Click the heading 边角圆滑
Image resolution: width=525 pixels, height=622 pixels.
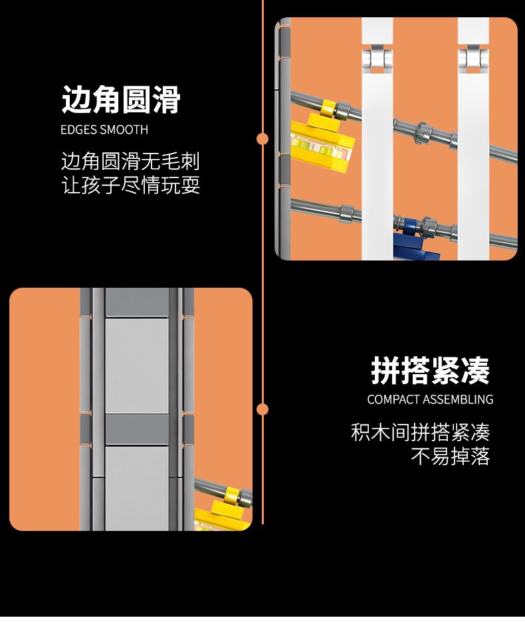(121, 100)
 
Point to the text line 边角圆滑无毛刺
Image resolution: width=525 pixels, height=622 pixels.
(130, 161)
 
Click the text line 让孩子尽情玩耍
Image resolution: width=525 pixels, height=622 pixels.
(130, 185)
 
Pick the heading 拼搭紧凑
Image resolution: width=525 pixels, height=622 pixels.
(430, 371)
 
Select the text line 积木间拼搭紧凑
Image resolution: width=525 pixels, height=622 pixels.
(420, 433)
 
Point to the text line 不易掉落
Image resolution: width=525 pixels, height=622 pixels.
(450, 457)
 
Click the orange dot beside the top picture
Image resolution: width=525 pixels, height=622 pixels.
(262, 139)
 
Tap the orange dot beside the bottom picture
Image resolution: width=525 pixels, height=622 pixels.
(262, 409)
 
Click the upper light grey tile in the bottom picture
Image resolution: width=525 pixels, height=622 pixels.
(136, 365)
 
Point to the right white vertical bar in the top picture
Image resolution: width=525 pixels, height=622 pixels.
(473, 166)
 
